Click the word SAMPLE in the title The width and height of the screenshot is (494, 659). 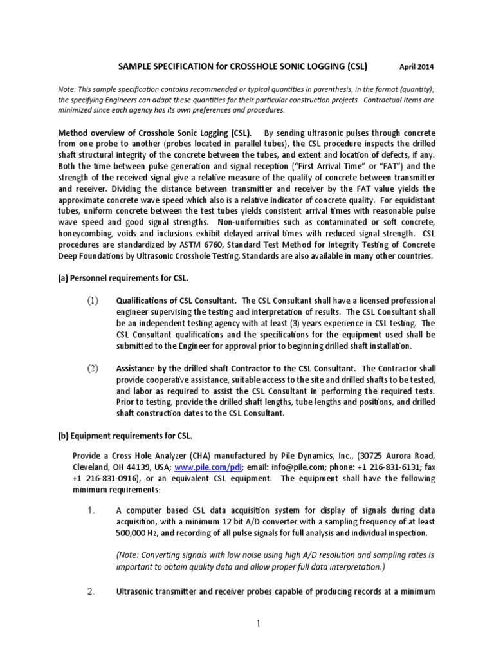[133, 66]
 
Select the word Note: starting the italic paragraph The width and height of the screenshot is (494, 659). [68, 89]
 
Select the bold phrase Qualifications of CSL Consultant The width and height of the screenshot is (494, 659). [176, 301]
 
